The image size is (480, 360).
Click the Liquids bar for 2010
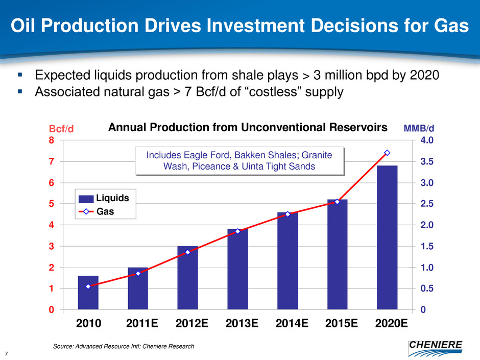(88, 293)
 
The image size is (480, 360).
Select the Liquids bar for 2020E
(387, 237)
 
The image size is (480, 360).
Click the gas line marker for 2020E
(387, 153)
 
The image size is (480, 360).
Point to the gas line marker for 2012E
(187, 252)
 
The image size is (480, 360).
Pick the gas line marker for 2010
(88, 286)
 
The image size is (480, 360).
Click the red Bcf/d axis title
(62, 129)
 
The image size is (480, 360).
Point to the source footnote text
(124, 347)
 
